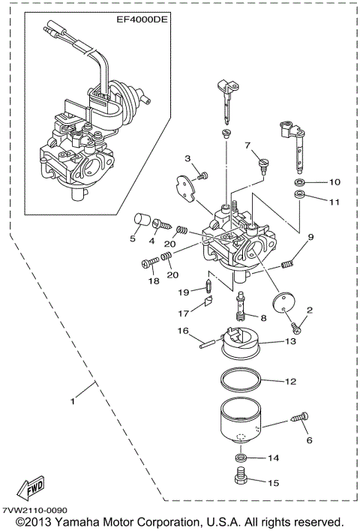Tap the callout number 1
click(73, 402)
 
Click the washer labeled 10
click(298, 182)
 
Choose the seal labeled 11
click(298, 196)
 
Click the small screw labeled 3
click(202, 175)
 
